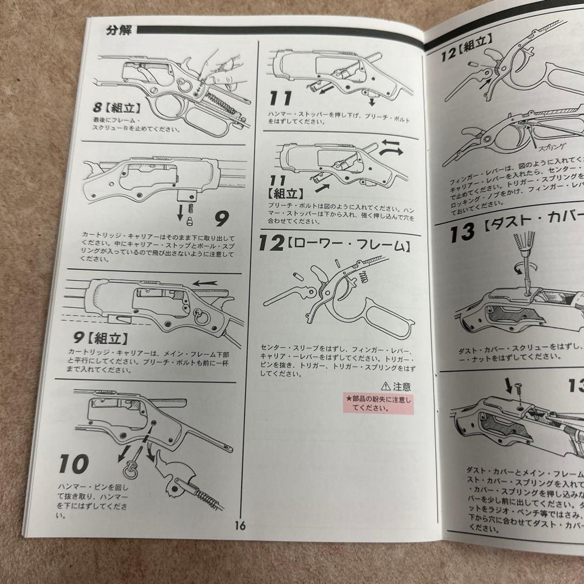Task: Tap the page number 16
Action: pyautogui.click(x=241, y=525)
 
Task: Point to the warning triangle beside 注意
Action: pyautogui.click(x=385, y=387)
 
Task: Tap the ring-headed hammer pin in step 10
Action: pyautogui.click(x=131, y=469)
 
